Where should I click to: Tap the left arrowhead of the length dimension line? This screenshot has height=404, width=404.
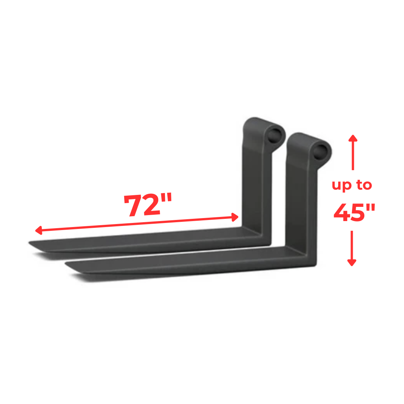pyautogui.click(x=37, y=231)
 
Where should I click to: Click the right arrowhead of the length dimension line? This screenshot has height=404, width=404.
pyautogui.click(x=235, y=217)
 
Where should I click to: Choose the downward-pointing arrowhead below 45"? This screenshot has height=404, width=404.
pyautogui.click(x=351, y=263)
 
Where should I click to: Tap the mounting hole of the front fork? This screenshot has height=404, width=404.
pyautogui.click(x=321, y=150)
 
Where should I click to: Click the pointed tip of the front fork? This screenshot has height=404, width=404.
pyautogui.click(x=67, y=266)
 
